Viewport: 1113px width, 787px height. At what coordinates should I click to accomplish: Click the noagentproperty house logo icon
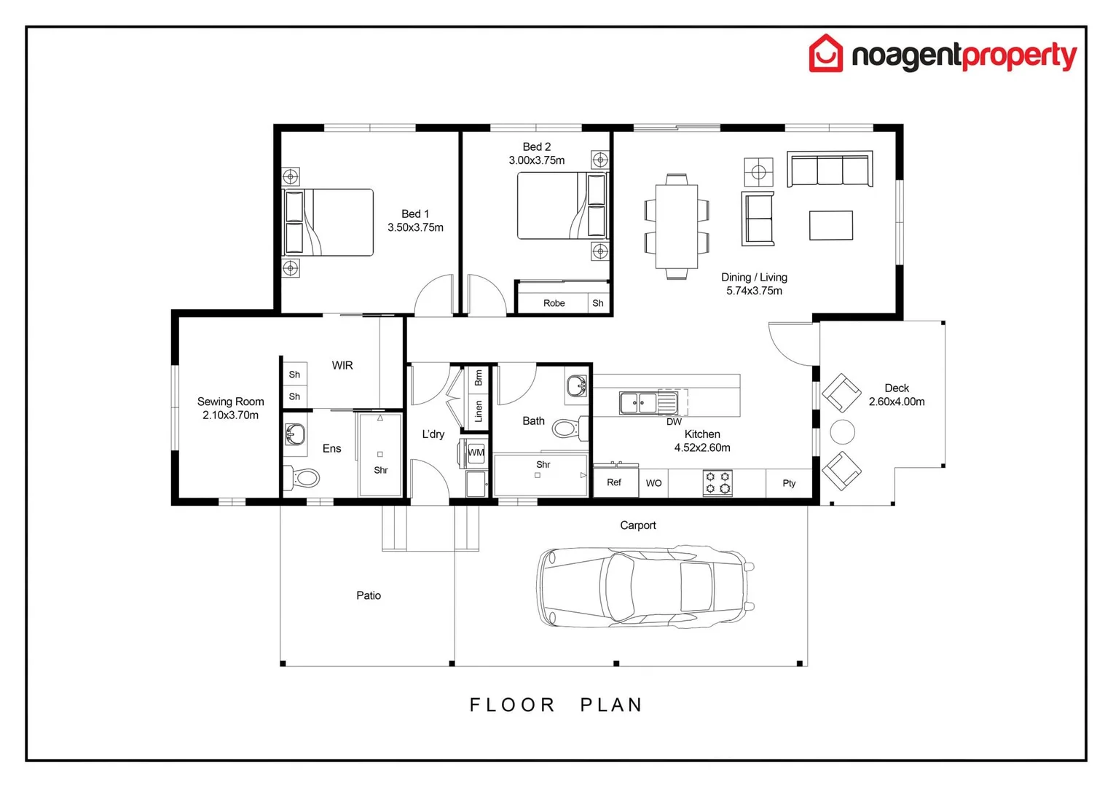point(825,54)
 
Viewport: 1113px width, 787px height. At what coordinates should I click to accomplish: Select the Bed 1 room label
point(415,214)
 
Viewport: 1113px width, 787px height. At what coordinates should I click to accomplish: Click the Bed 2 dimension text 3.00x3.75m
point(536,160)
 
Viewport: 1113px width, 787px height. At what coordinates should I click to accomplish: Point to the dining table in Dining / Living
point(676,226)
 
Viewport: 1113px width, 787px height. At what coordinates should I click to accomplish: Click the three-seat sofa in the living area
point(830,170)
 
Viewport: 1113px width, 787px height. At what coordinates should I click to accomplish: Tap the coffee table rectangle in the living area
point(830,225)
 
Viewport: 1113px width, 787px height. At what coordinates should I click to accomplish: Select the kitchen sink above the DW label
point(639,402)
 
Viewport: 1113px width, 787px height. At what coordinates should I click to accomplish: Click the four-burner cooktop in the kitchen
point(717,482)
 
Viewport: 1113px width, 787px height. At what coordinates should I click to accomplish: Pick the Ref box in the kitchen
point(615,482)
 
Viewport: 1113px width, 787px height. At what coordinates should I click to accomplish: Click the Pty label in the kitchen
point(789,483)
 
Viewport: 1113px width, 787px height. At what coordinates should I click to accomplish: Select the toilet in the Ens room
point(304,478)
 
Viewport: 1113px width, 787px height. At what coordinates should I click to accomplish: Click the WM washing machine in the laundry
point(476,453)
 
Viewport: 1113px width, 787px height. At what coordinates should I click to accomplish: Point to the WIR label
point(342,365)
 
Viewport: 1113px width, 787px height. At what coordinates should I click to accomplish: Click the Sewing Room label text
point(230,402)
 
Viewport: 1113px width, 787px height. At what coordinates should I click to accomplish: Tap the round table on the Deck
point(842,432)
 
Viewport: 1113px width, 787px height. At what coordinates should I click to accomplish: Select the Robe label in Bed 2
point(554,303)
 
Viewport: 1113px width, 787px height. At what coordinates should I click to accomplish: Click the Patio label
point(368,595)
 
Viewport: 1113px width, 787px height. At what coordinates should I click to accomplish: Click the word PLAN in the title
point(611,705)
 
